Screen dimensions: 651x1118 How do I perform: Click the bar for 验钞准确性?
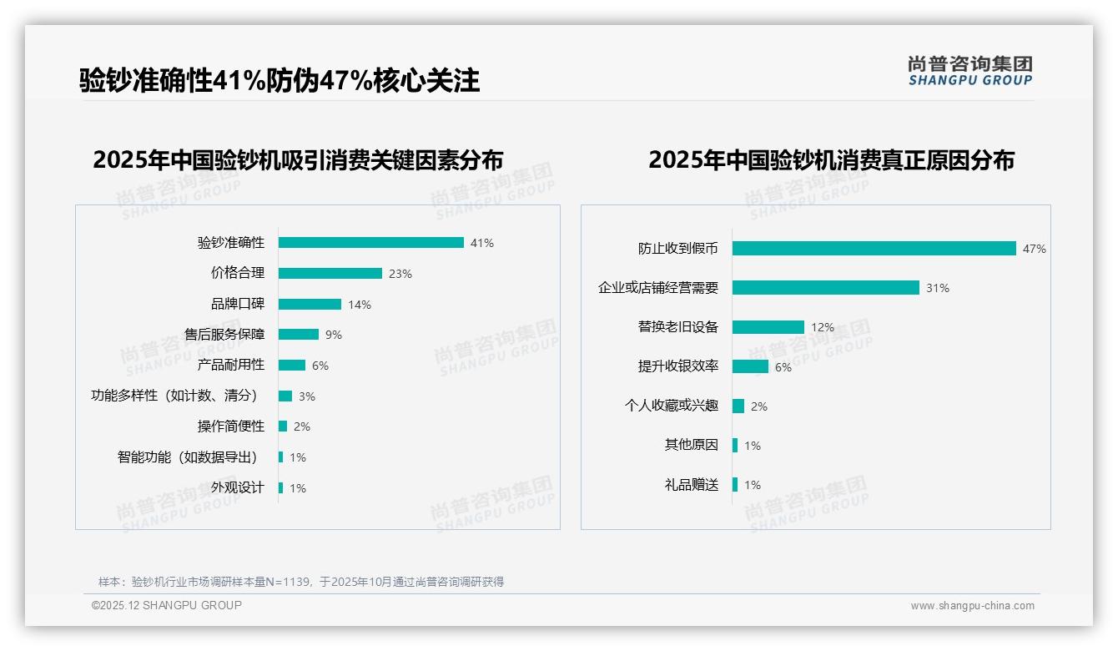point(370,243)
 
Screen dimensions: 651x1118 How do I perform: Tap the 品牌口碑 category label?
point(237,304)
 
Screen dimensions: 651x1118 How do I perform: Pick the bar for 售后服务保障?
point(298,335)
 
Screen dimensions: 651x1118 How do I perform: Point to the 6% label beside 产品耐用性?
point(320,366)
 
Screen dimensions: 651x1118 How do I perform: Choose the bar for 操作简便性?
point(283,426)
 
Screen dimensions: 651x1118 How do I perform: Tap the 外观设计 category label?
point(237,487)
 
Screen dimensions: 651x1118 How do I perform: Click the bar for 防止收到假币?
point(874,249)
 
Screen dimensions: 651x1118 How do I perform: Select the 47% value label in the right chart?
point(1035,249)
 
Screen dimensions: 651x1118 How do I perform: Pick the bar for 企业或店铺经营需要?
point(825,288)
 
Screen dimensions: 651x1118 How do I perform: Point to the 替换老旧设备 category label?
point(677,327)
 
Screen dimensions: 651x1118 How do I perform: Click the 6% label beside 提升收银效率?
point(783,367)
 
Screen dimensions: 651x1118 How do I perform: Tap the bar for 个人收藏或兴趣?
point(738,406)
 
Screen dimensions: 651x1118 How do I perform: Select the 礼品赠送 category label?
point(691,485)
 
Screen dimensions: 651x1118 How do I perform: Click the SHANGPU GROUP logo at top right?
point(969,71)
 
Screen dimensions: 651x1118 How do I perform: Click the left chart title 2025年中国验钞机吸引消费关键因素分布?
point(298,159)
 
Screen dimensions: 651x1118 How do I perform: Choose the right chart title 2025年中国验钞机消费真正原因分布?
point(831,159)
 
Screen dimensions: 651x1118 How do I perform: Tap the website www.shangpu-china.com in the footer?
point(972,606)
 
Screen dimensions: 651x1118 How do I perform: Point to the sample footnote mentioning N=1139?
point(301,582)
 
